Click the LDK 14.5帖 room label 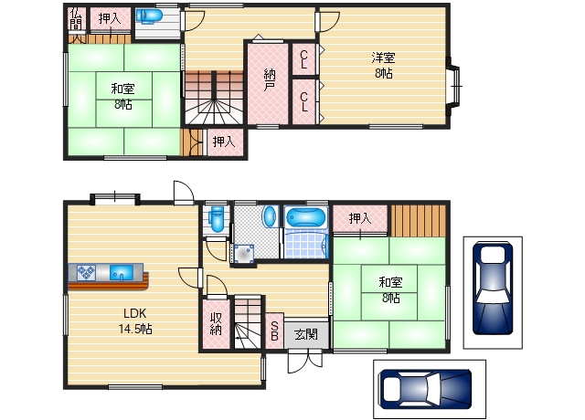(135, 320)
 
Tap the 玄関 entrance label (306, 334)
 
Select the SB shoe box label (274, 331)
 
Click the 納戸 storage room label (270, 80)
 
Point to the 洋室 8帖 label (384, 66)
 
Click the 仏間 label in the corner (76, 18)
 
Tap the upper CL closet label (304, 59)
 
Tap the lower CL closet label (304, 102)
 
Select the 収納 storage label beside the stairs (216, 324)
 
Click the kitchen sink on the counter (122, 272)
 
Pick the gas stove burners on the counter (86, 272)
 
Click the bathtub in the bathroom (305, 216)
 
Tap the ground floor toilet (217, 219)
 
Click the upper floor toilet (149, 16)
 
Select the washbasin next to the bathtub (270, 215)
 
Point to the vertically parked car (493, 288)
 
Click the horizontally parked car (424, 389)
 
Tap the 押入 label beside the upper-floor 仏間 (110, 18)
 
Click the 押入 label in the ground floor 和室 (360, 218)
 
